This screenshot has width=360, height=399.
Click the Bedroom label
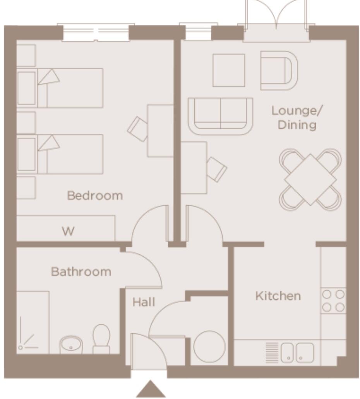tap(95, 195)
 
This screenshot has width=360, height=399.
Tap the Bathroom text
tap(81, 271)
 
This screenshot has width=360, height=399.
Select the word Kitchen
tap(278, 296)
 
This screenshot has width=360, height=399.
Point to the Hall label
tap(144, 302)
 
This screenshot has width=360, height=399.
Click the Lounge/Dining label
tap(297, 118)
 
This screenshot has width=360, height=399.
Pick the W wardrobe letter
tap(68, 231)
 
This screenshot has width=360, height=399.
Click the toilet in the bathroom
tap(101, 338)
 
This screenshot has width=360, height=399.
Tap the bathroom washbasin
tap(71, 344)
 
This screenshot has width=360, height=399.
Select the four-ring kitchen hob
tap(333, 301)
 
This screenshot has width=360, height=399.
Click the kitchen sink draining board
tap(272, 352)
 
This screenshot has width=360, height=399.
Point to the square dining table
tap(310, 179)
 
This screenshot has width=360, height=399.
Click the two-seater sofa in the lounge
tap(220, 115)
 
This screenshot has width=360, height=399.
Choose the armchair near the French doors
tap(278, 70)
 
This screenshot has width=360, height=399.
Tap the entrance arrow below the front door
tap(151, 390)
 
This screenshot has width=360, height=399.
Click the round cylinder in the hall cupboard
tap(209, 346)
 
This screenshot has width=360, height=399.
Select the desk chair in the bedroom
tap(138, 128)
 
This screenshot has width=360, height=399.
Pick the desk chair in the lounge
tap(216, 169)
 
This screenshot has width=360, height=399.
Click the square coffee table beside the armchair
tap(228, 70)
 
